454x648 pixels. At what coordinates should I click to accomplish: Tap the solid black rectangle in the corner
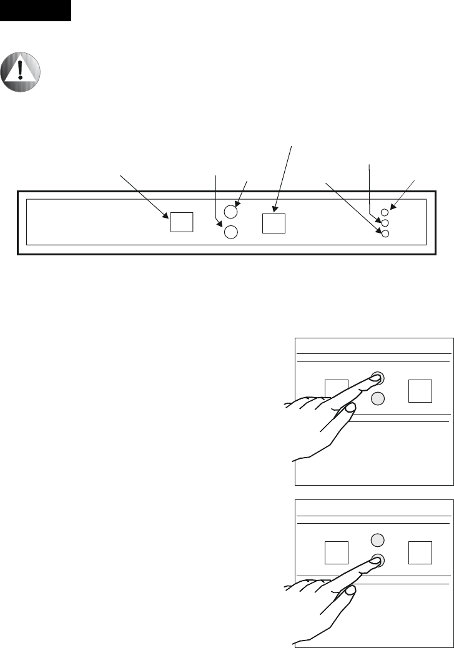[x=35, y=11]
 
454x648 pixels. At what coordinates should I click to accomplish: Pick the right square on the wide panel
[x=274, y=223]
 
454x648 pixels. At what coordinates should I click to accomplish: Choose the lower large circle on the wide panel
[x=230, y=232]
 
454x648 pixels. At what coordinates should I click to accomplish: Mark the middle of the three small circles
[x=385, y=222]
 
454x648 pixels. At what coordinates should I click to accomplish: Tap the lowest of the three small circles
[x=385, y=233]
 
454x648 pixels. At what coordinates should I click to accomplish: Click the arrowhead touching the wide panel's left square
[x=167, y=216]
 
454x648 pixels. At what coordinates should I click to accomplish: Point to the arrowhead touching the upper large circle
[x=235, y=202]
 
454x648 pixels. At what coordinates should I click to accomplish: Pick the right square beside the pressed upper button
[x=419, y=390]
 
